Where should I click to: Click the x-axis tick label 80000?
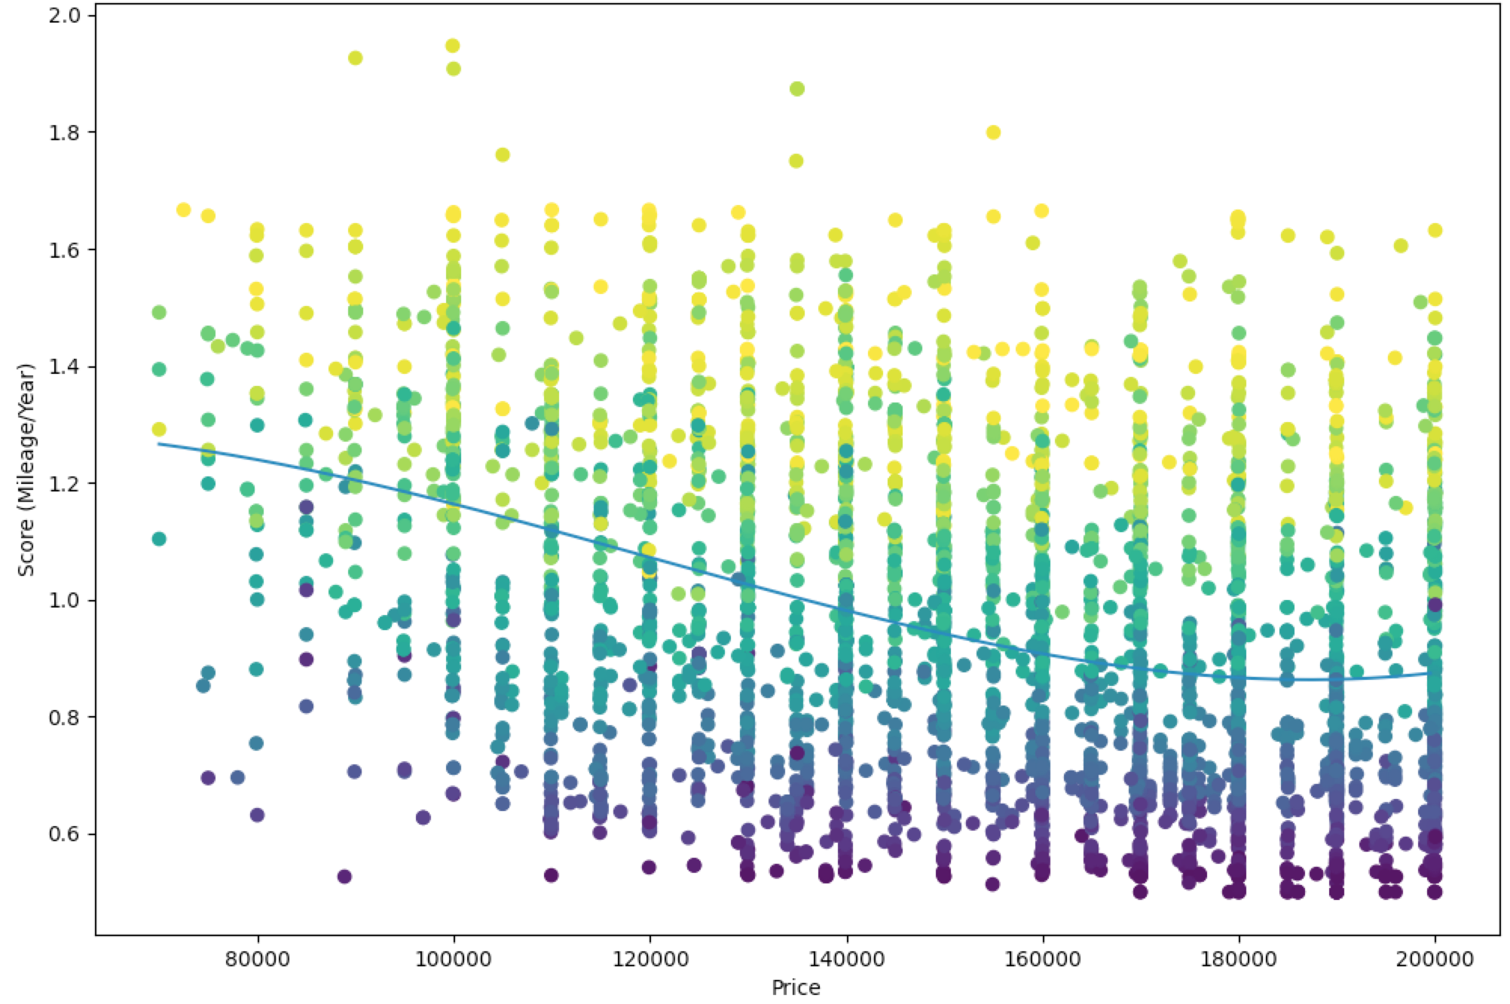[258, 959]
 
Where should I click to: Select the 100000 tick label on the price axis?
[454, 959]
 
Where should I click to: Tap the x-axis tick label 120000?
[650, 959]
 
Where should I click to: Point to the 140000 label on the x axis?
[846, 959]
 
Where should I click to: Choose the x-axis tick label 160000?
[1042, 959]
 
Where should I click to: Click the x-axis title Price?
[796, 987]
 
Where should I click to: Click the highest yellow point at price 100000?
[453, 46]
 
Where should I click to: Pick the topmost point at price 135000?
[796, 89]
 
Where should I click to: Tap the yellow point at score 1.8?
[993, 133]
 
